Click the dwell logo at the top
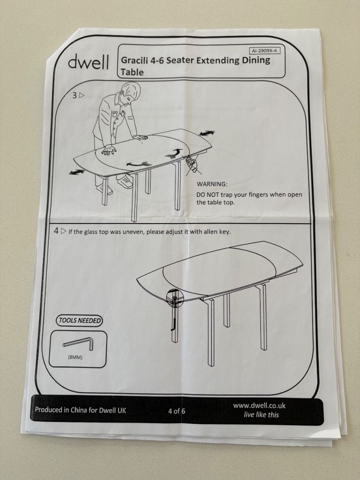pyautogui.click(x=88, y=61)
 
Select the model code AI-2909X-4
pyautogui.click(x=265, y=51)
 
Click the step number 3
pyautogui.click(x=75, y=96)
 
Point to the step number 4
pyautogui.click(x=56, y=231)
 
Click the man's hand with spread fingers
pyautogui.click(x=109, y=150)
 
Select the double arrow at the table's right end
pyautogui.click(x=207, y=133)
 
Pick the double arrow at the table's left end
pyautogui.click(x=77, y=172)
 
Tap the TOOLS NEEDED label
pyautogui.click(x=79, y=321)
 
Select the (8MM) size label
pyautogui.click(x=75, y=357)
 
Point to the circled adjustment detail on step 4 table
pyautogui.click(x=174, y=297)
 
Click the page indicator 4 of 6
pyautogui.click(x=177, y=411)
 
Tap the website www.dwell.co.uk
pyautogui.click(x=259, y=405)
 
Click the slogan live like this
pyautogui.click(x=262, y=415)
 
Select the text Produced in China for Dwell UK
pyautogui.click(x=80, y=410)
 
